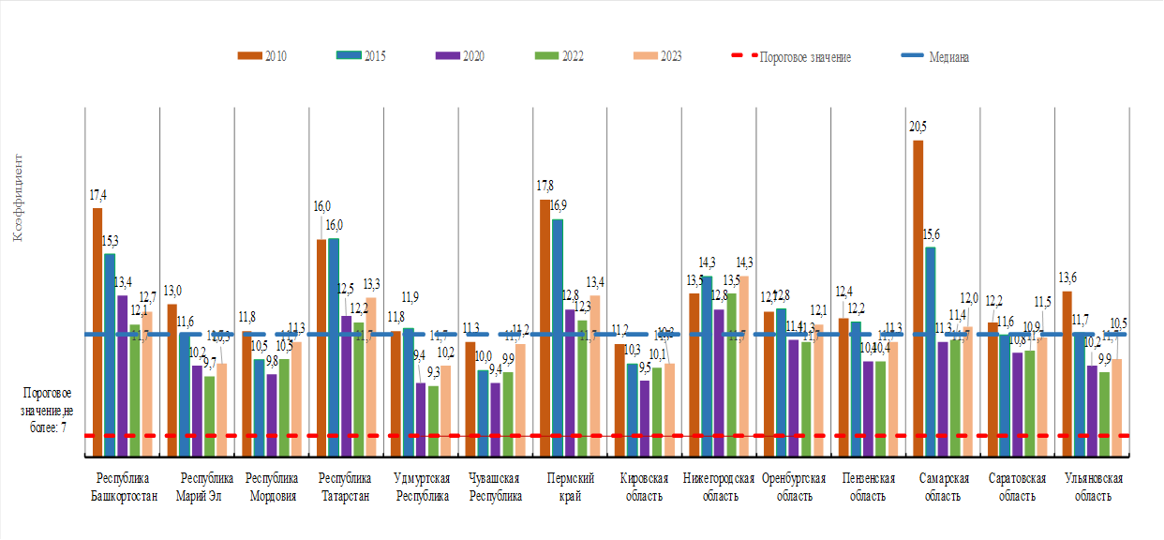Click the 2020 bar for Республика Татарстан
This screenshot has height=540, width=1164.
[x=346, y=385]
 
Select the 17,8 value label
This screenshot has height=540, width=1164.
[x=545, y=186]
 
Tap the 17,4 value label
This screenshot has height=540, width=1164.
[x=97, y=195]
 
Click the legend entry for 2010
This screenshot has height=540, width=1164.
[x=263, y=56]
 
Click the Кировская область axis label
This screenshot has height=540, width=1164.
[x=645, y=487]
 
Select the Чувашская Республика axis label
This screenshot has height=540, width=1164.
[x=496, y=487]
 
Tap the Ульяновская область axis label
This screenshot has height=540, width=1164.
[x=1093, y=487]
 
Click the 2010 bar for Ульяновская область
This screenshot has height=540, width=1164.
[x=1067, y=374]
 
